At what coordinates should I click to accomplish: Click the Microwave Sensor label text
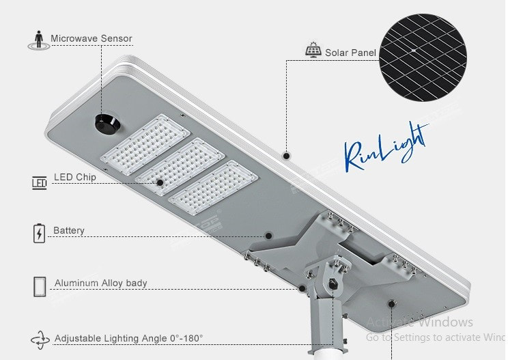click(x=91, y=38)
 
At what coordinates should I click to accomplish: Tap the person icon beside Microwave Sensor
click(x=38, y=39)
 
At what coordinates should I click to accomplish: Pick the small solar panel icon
click(x=313, y=51)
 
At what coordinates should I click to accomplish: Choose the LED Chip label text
click(x=75, y=178)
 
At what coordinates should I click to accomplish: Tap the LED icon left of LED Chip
click(x=39, y=182)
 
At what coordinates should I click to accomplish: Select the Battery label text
click(x=69, y=231)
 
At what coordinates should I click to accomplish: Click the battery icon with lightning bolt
click(x=39, y=233)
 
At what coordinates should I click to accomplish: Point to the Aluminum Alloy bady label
click(x=100, y=283)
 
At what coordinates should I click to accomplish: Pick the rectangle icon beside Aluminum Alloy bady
click(x=39, y=286)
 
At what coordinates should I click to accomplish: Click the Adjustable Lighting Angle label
click(x=128, y=338)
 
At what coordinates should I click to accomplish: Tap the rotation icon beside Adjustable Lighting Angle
click(x=39, y=340)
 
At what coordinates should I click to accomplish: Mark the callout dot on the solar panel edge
click(x=286, y=156)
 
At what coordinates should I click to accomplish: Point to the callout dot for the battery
click(x=268, y=236)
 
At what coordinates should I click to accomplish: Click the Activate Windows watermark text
click(x=419, y=322)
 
